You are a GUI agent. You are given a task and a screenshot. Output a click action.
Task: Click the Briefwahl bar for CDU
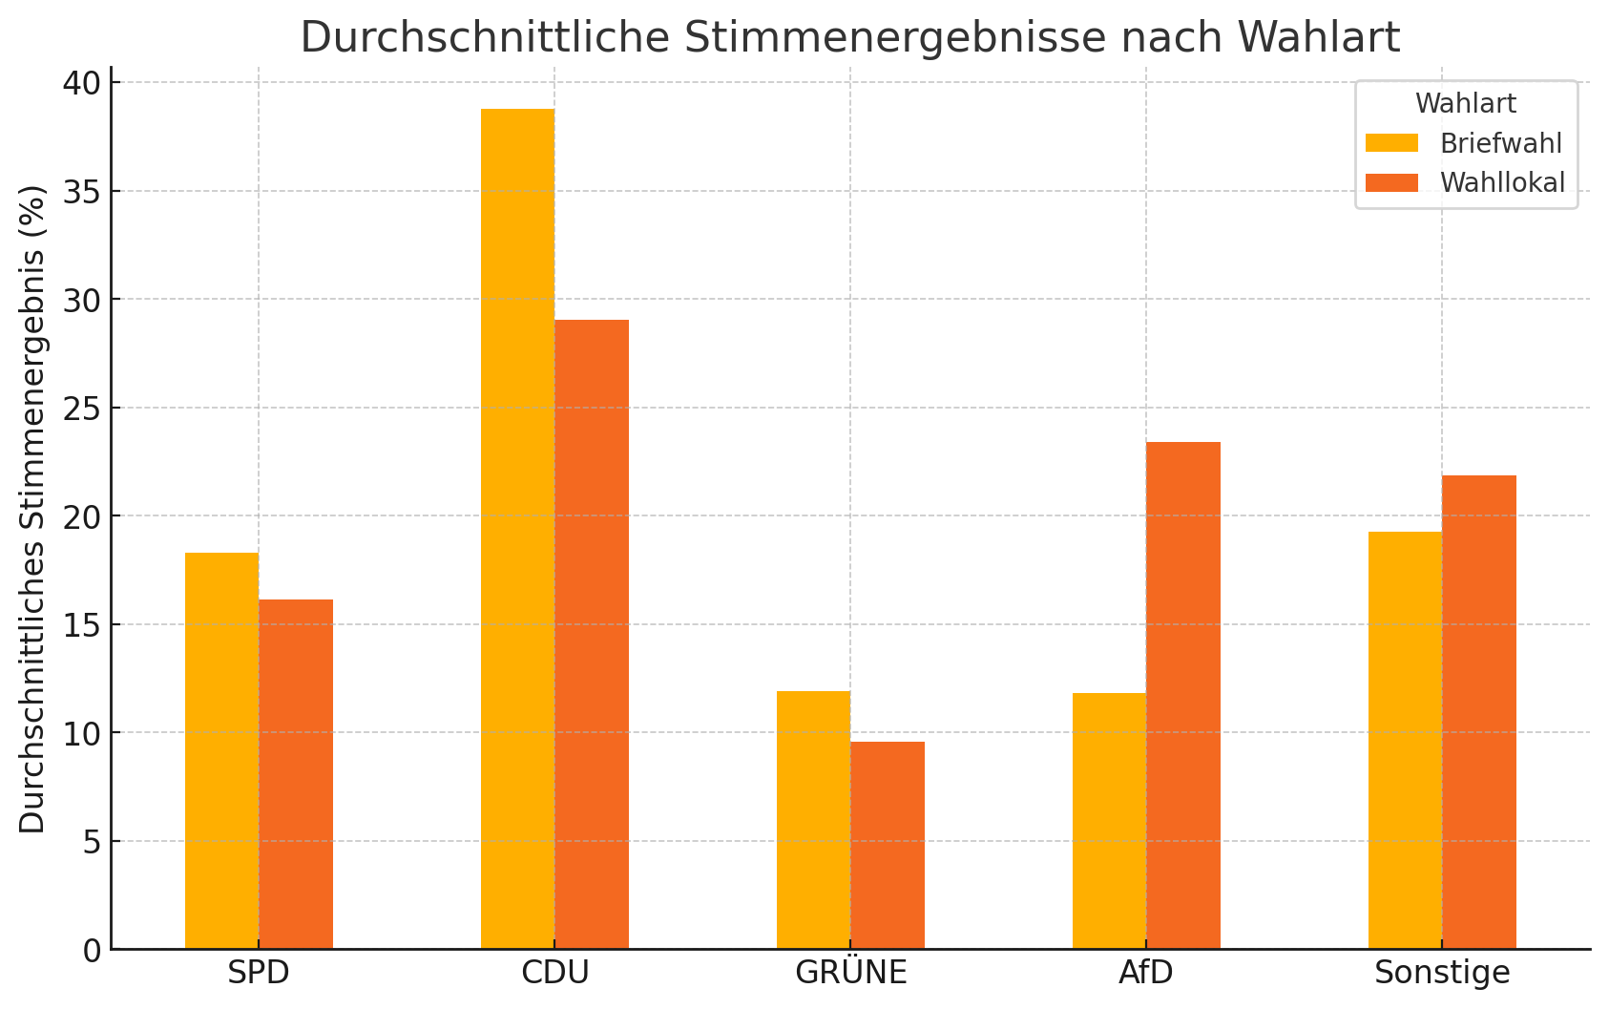pos(517,529)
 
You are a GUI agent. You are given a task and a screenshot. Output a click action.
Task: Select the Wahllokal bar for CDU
pos(592,634)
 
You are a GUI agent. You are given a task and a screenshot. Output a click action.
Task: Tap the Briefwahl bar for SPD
pos(221,750)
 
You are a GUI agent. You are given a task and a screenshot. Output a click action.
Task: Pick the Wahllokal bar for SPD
pos(296,774)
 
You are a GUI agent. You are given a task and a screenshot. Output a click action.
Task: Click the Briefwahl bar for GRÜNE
pos(813,820)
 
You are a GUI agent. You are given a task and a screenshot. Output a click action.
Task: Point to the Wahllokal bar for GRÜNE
pos(888,845)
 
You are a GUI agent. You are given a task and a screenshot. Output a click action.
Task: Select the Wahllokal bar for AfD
pos(1183,695)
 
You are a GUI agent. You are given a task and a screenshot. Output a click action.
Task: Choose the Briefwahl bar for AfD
pos(1109,821)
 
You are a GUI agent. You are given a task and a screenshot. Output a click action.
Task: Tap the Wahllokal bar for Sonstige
pos(1479,712)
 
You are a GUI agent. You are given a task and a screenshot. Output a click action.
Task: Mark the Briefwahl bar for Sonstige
pos(1405,740)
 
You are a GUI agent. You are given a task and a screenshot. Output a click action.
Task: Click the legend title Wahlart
pos(1466,103)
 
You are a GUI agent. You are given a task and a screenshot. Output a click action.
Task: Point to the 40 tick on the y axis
pos(81,83)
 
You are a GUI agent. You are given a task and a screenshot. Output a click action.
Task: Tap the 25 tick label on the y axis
pos(81,409)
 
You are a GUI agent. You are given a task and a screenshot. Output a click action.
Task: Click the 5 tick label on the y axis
pos(90,842)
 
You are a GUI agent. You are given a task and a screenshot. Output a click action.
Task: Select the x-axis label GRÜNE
pos(850,973)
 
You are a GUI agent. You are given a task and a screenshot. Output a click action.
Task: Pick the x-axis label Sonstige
pos(1442,973)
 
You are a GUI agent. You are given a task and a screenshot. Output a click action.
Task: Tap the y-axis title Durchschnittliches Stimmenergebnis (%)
pos(32,508)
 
